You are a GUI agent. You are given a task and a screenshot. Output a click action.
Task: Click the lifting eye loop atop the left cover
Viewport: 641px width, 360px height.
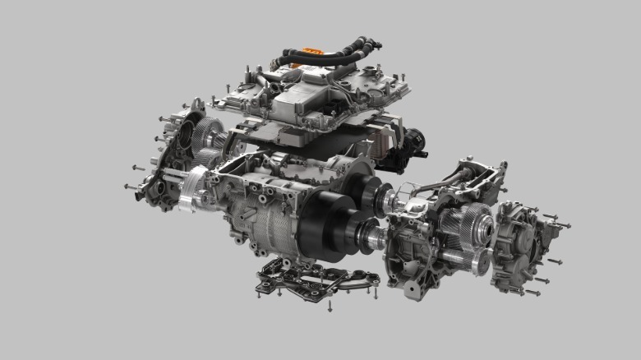coord(197,104)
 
